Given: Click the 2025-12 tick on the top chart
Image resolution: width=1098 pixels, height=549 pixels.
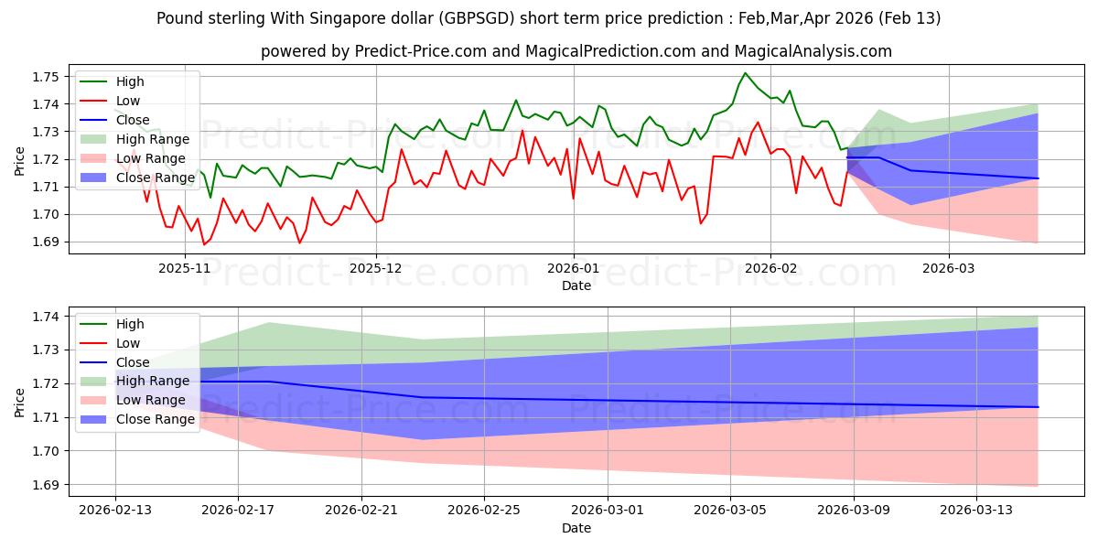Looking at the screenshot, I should [376, 268].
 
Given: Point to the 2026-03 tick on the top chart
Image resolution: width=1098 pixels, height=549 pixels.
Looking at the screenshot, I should [949, 268].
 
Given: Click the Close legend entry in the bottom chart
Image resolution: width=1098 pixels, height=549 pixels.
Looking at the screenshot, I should [134, 362].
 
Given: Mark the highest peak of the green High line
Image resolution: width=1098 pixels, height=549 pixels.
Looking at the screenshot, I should [745, 72].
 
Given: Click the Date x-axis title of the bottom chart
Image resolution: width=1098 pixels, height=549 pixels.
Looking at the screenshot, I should [576, 528].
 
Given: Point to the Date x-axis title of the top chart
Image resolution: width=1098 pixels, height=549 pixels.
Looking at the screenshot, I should [576, 285].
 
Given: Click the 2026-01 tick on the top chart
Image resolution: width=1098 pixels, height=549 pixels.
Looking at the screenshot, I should [574, 268].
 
